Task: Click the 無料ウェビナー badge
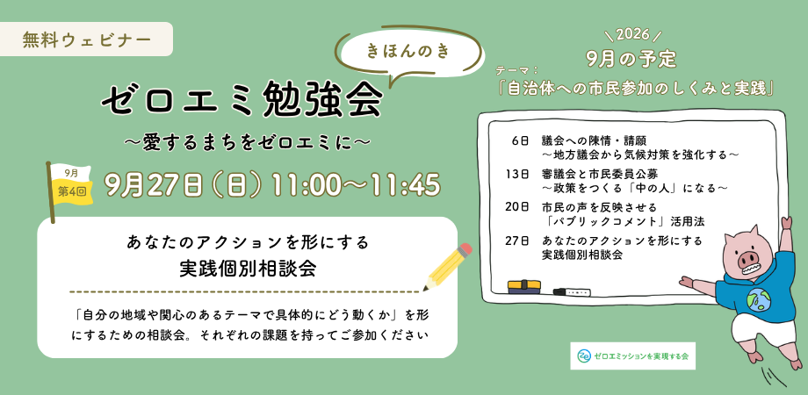pyautogui.click(x=87, y=39)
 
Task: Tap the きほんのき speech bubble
pyautogui.click(x=409, y=53)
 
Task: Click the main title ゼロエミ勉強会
pyautogui.click(x=242, y=99)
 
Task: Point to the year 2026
pyautogui.click(x=631, y=35)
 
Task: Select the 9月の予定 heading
pyautogui.click(x=631, y=59)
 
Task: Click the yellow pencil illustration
pyautogui.click(x=447, y=266)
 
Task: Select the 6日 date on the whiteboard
pyautogui.click(x=521, y=140)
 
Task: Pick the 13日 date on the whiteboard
pyautogui.click(x=518, y=174)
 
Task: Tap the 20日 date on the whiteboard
pyautogui.click(x=518, y=207)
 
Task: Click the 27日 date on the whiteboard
pyautogui.click(x=518, y=241)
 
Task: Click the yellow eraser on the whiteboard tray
pyautogui.click(x=523, y=287)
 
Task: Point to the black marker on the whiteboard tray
pyautogui.click(x=572, y=292)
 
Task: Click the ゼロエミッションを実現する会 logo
pyautogui.click(x=633, y=355)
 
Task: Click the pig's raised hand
pyautogui.click(x=786, y=223)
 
